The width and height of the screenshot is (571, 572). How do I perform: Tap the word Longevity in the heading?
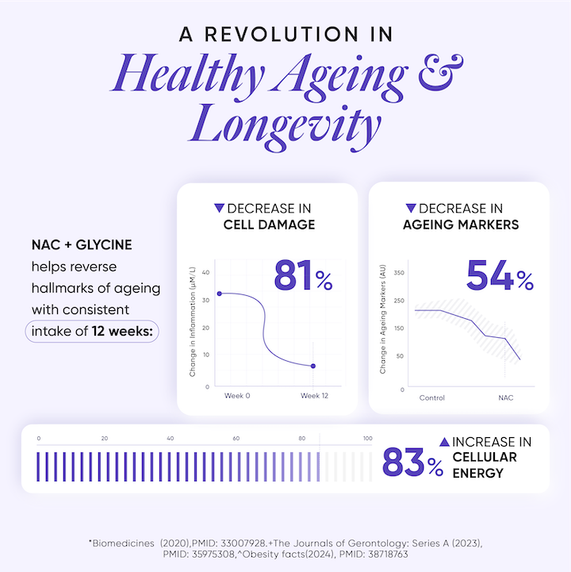[x=285, y=126]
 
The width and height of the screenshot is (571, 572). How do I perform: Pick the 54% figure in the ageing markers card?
[x=500, y=275]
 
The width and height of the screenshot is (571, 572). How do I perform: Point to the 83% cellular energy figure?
[x=412, y=463]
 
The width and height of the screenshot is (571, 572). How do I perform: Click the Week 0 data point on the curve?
[x=219, y=294]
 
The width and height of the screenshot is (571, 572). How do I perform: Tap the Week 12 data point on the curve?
[x=313, y=366]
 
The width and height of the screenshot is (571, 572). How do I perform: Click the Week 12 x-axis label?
[x=314, y=395]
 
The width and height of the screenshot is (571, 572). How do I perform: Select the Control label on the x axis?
[x=431, y=397]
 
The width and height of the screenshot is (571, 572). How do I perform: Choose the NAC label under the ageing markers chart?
[x=505, y=397]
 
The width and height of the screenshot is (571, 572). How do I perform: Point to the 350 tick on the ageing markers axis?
[x=400, y=273]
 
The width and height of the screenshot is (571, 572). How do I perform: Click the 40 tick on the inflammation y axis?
[x=205, y=273]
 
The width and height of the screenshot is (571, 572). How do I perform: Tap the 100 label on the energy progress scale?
[x=367, y=439]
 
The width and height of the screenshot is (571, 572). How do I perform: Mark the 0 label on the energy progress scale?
[x=39, y=439]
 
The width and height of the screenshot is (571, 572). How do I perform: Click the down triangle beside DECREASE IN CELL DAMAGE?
[x=220, y=208]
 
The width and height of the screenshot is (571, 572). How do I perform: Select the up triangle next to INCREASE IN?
[x=444, y=441]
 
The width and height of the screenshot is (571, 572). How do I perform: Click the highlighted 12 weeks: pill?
[x=92, y=330]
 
